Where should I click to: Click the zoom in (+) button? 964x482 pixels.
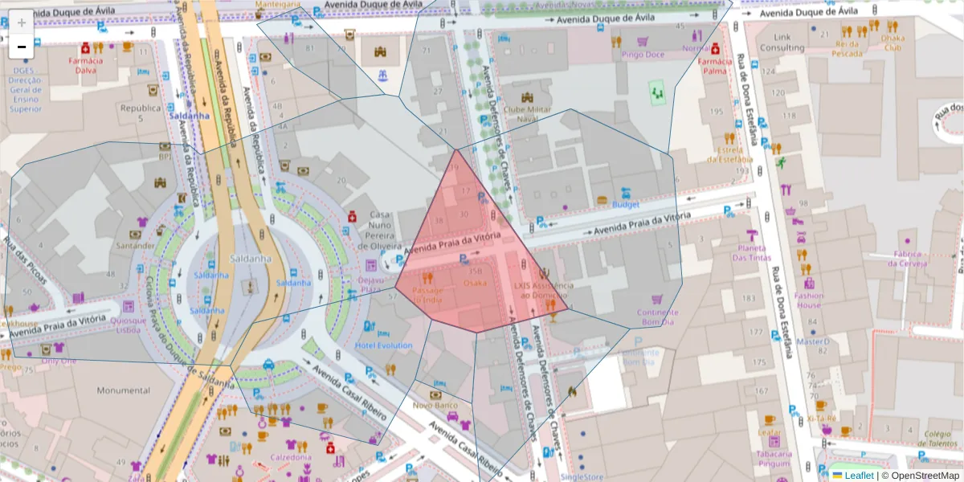tap(21, 22)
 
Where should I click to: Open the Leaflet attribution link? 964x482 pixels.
tap(859, 476)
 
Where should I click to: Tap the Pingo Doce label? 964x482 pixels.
tap(643, 55)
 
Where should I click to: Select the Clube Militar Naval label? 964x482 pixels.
tap(520, 113)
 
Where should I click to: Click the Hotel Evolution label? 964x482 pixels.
tap(383, 345)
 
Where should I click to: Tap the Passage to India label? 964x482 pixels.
tap(427, 295)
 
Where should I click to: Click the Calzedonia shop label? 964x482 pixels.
tap(290, 457)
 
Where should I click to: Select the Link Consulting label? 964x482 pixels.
tap(782, 43)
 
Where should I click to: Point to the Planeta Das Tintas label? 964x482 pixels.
tap(752, 253)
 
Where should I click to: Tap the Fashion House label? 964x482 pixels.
tap(809, 300)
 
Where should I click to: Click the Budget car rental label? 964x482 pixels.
tap(625, 205)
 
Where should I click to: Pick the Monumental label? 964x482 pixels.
tap(123, 391)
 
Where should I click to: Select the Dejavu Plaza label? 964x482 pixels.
tap(370, 284)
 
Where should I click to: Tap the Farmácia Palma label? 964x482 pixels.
tap(715, 65)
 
